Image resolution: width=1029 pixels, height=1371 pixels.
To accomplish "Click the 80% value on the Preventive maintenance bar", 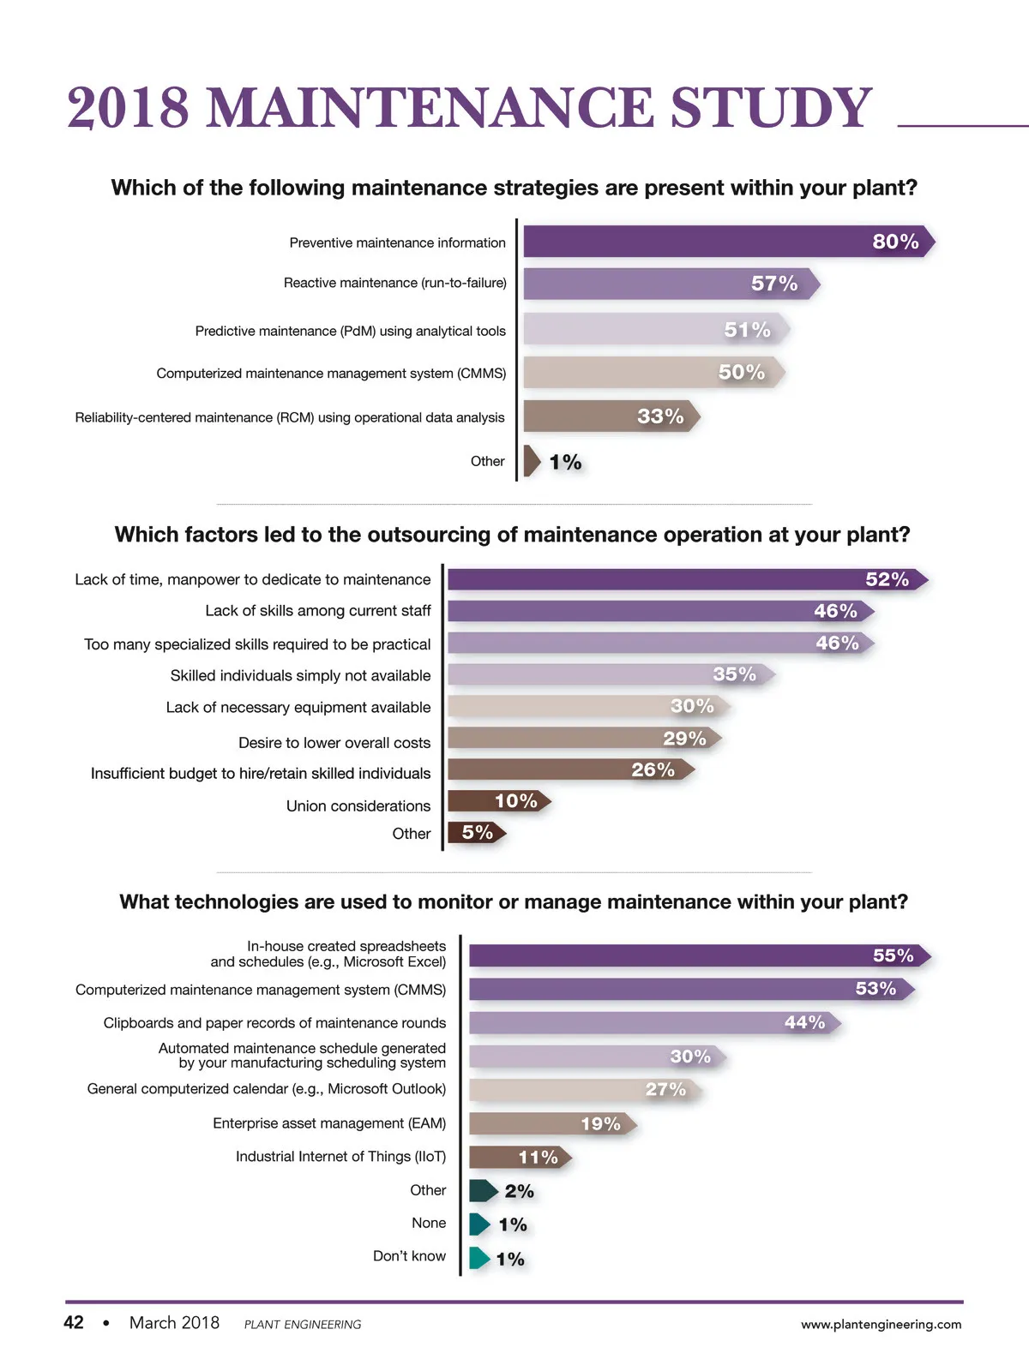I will coord(895,242).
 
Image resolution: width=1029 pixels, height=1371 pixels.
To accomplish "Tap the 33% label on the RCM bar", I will coord(660,416).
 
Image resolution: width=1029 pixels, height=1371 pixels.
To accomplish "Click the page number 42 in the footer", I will coord(74,1322).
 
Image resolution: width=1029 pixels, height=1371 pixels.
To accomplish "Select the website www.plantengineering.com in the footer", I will coord(881,1324).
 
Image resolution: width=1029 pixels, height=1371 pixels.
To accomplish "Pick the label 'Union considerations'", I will coord(358,805).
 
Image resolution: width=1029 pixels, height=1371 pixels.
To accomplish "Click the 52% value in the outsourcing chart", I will coord(887,579).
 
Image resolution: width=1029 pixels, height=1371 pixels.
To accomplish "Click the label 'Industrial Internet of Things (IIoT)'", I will coord(340,1157).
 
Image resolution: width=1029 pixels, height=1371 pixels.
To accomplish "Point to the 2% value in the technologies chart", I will coord(519,1191).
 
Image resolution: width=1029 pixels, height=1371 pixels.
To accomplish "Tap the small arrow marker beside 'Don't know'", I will coord(479,1258).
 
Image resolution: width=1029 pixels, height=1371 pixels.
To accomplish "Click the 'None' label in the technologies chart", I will coord(429,1223).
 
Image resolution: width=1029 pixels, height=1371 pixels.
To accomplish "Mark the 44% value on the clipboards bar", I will coord(804,1022).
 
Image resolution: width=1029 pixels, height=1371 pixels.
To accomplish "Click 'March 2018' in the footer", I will coord(174,1322).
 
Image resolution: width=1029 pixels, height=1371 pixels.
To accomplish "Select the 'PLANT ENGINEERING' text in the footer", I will coord(303,1325).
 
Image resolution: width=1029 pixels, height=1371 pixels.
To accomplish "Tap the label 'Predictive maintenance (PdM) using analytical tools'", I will coord(350,331).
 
